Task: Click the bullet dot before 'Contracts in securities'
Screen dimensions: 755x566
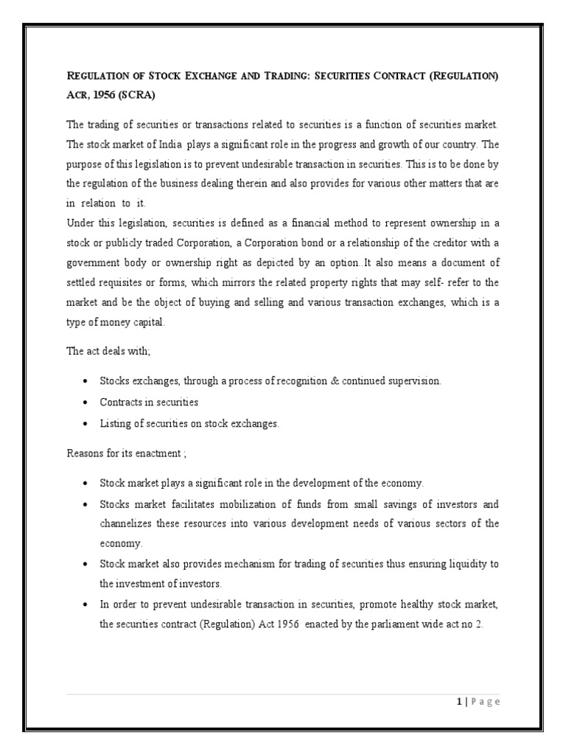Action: tap(85, 403)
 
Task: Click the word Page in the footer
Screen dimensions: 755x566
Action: tap(484, 701)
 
